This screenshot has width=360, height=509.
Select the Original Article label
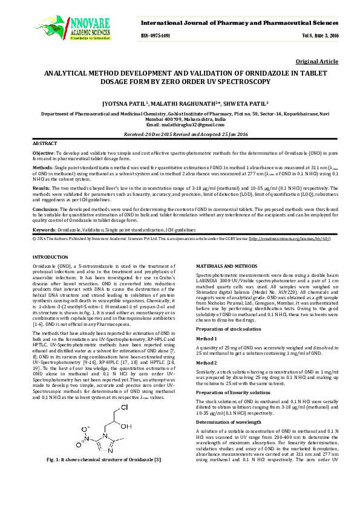tap(317, 62)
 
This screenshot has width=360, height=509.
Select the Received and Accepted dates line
tap(180, 134)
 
